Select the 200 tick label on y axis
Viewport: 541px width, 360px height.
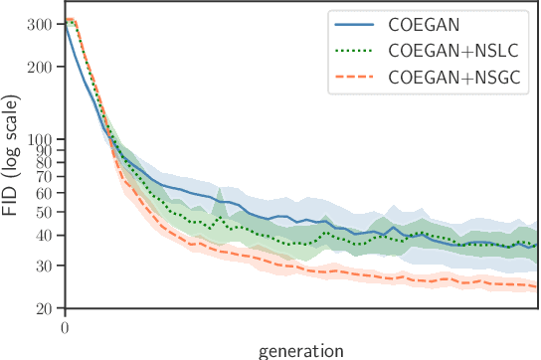[x=45, y=67]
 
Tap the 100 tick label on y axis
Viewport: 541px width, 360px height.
[x=45, y=139]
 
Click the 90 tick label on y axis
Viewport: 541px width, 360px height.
[x=48, y=150]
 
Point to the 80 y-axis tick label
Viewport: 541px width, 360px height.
[x=48, y=162]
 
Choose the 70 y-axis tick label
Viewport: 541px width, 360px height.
[x=48, y=176]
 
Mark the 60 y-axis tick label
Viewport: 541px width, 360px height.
[x=48, y=193]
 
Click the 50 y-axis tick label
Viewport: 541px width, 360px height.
[x=48, y=212]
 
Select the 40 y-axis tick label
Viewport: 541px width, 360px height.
[x=48, y=235]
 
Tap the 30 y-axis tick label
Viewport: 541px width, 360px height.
[x=48, y=266]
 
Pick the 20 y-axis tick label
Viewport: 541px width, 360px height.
[x=48, y=308]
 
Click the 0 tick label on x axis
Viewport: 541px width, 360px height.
[x=65, y=327]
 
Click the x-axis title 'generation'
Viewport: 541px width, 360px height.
[x=300, y=349]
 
